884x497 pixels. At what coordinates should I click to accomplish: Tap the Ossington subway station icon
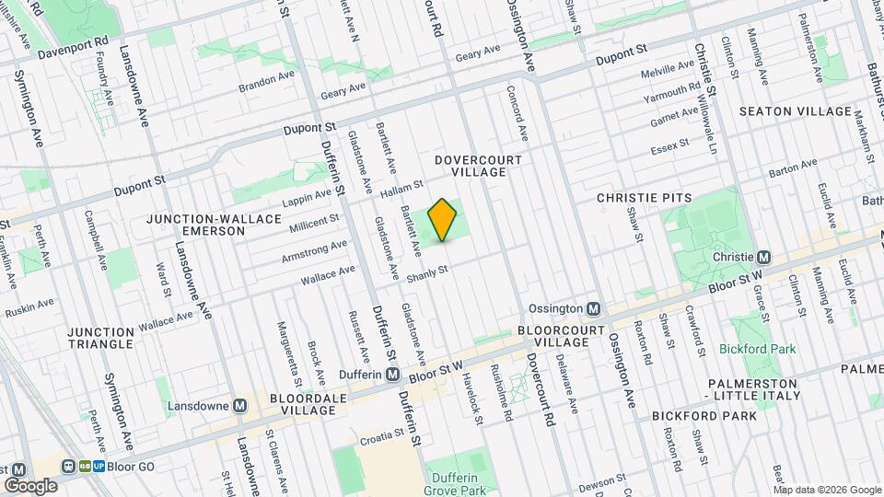pyautogui.click(x=594, y=309)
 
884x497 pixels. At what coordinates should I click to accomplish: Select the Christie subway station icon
pyautogui.click(x=762, y=257)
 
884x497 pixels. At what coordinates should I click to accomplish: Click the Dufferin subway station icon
pyautogui.click(x=392, y=375)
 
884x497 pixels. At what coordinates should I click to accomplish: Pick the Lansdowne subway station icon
pyautogui.click(x=239, y=405)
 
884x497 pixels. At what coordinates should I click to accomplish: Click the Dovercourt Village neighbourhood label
pyautogui.click(x=478, y=166)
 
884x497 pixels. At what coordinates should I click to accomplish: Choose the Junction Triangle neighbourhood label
pyautogui.click(x=100, y=338)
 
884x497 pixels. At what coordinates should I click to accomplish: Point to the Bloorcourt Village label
pyautogui.click(x=552, y=335)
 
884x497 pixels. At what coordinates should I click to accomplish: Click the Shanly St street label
pyautogui.click(x=427, y=273)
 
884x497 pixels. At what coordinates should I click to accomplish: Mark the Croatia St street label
pyautogui.click(x=382, y=432)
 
